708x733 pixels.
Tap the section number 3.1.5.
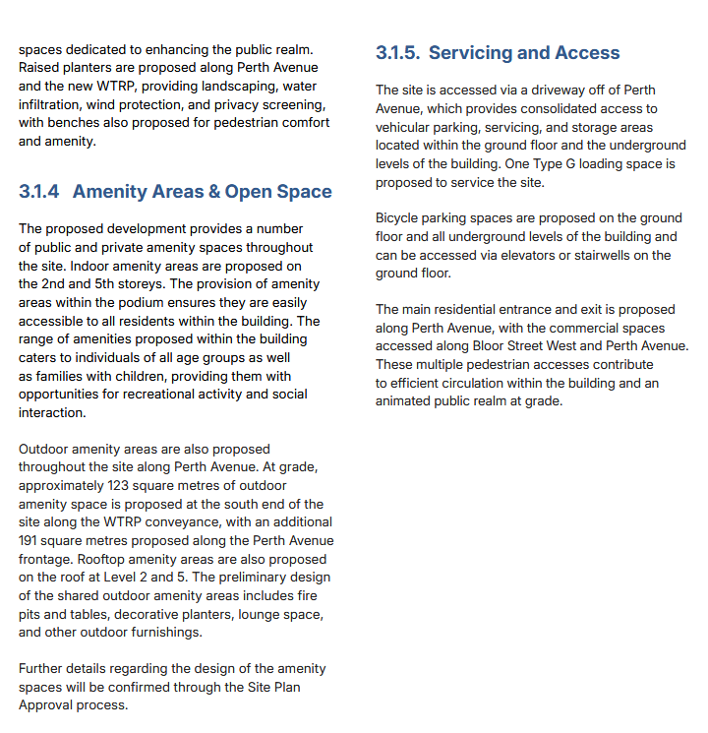coord(397,53)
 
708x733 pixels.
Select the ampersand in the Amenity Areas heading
coord(212,192)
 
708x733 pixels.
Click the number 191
coord(30,540)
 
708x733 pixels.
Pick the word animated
coord(406,401)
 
